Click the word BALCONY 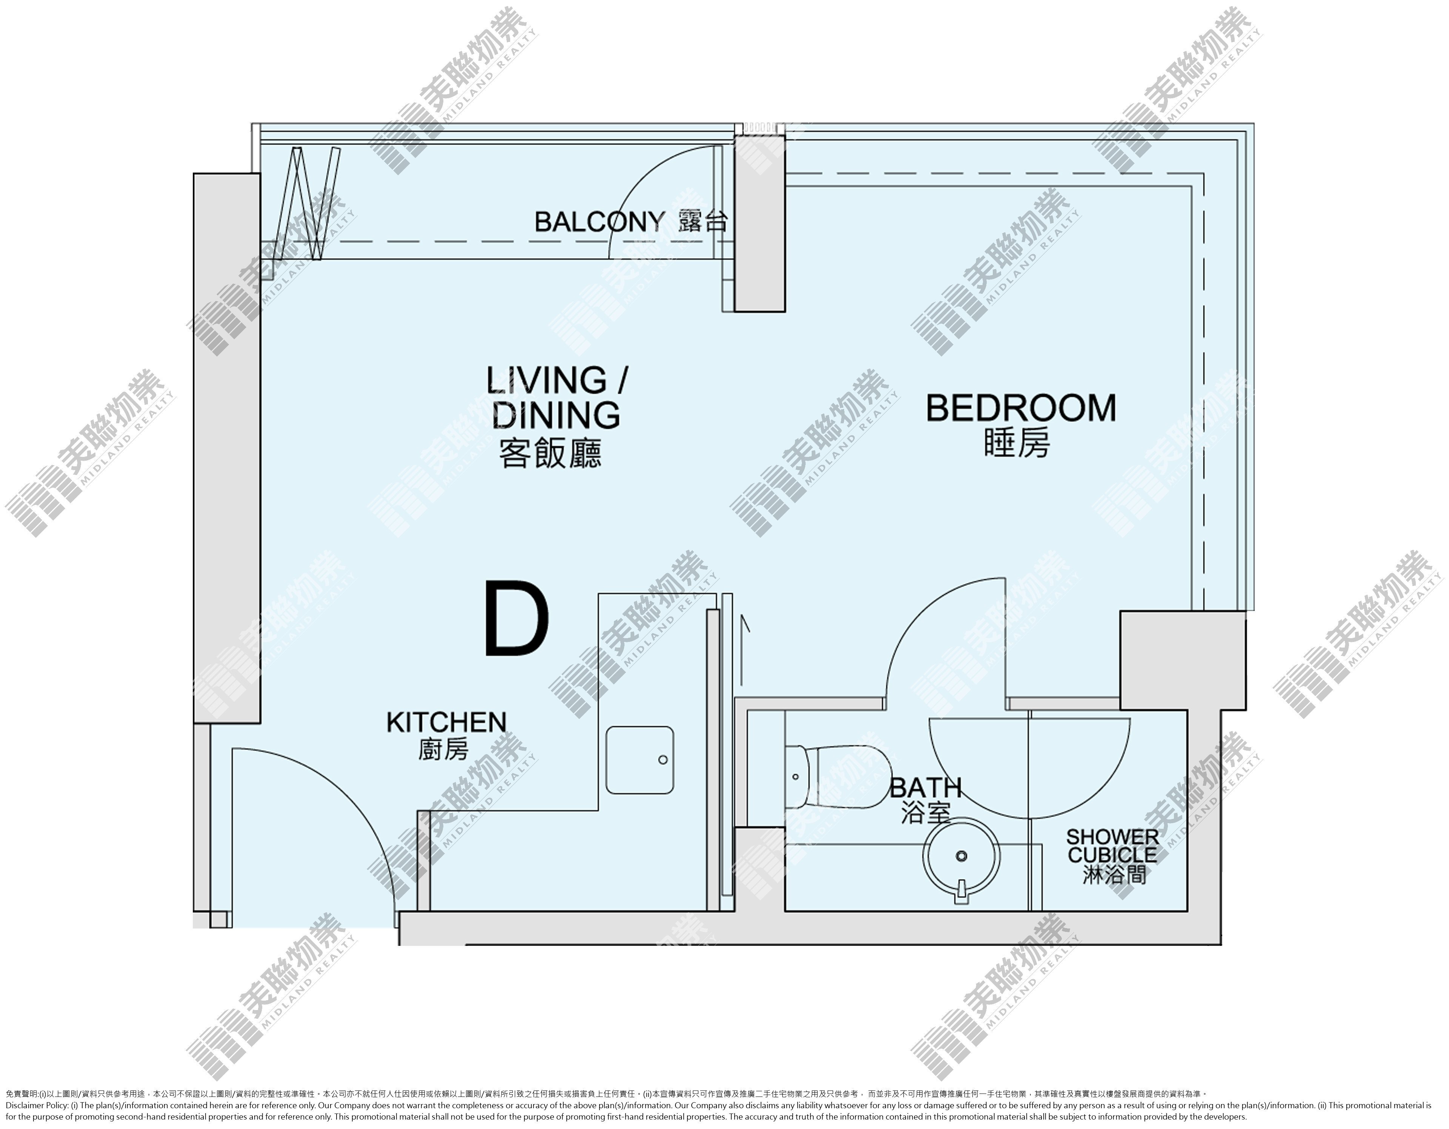[x=599, y=222]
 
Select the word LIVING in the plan [x=547, y=380]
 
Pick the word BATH [x=926, y=788]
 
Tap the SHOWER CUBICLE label [x=1113, y=846]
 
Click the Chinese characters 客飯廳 [x=551, y=455]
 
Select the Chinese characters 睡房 [x=1017, y=442]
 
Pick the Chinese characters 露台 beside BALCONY [x=703, y=222]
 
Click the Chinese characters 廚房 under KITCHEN [x=443, y=750]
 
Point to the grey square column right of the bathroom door [x=1182, y=660]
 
